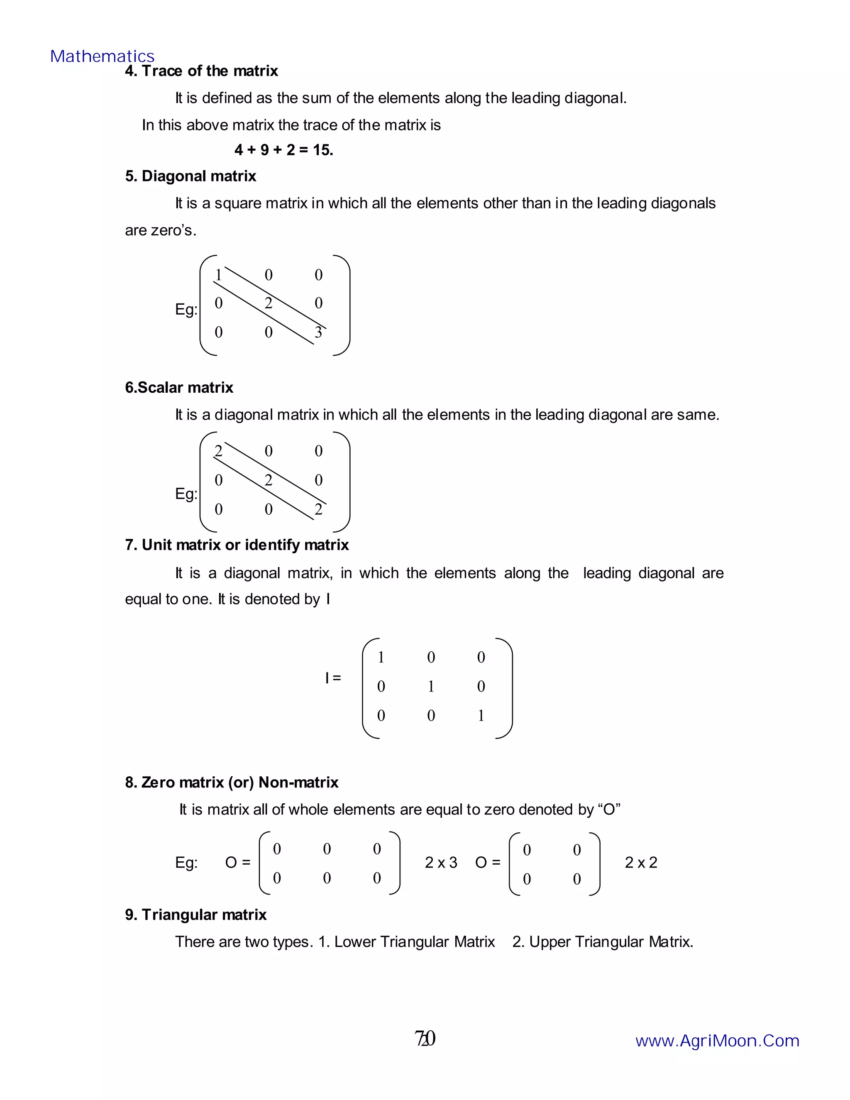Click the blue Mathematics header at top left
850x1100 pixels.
point(102,56)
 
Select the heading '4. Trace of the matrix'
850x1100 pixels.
point(201,71)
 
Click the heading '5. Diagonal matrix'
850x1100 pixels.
point(191,176)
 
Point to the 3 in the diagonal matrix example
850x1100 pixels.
point(318,332)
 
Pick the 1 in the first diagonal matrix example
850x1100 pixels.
point(219,275)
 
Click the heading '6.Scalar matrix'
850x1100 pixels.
point(179,388)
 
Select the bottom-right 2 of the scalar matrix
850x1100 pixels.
point(318,510)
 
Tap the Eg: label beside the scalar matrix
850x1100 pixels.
point(186,494)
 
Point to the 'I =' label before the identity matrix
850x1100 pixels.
point(333,678)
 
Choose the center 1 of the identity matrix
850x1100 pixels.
point(431,687)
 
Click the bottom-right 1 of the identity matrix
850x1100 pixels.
point(481,716)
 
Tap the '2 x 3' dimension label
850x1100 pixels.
point(441,863)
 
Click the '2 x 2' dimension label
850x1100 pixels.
point(641,863)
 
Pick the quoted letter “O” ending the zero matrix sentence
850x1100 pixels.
point(609,810)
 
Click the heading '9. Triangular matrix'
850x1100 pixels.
point(196,914)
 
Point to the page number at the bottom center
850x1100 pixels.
point(425,1039)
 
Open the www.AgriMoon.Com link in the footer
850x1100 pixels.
point(717,1041)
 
